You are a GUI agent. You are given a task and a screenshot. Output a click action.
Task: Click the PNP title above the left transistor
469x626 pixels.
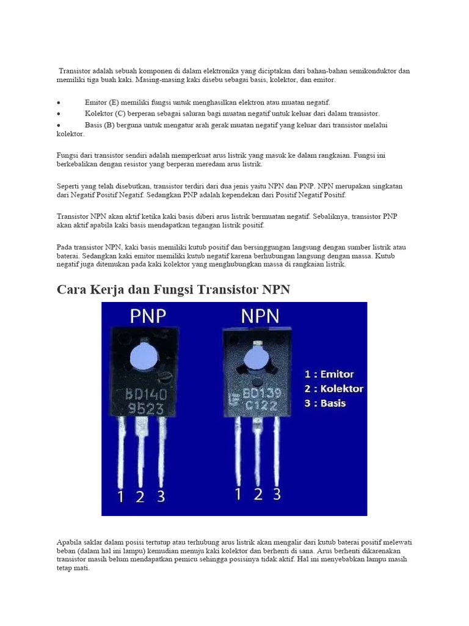click(x=148, y=317)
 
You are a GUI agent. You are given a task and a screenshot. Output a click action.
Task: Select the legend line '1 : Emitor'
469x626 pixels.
click(x=329, y=374)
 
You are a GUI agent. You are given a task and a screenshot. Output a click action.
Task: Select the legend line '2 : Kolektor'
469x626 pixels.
click(x=333, y=389)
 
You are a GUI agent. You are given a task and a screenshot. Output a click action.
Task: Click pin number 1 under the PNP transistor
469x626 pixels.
click(x=121, y=497)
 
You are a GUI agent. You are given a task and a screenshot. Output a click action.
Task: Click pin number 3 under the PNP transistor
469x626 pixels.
click(x=161, y=496)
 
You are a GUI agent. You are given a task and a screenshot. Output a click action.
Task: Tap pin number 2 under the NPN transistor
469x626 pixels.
click(x=257, y=493)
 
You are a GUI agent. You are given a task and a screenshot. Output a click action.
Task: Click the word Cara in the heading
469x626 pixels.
click(x=71, y=289)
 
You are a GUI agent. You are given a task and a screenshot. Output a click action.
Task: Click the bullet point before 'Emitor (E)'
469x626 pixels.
click(x=58, y=103)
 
